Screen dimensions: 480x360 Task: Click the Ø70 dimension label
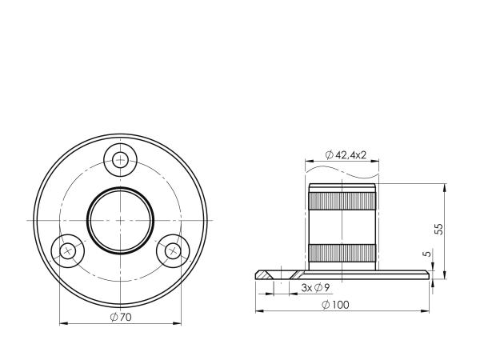pyautogui.click(x=121, y=317)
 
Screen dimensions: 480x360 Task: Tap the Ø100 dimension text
pyautogui.click(x=335, y=305)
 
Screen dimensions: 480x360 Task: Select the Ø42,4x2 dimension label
pyautogui.click(x=346, y=155)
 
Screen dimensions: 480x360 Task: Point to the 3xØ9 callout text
pyautogui.click(x=315, y=288)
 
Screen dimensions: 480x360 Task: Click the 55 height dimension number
pyautogui.click(x=438, y=229)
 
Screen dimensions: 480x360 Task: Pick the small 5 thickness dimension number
pyautogui.click(x=427, y=254)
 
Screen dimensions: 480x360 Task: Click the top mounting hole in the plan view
pyautogui.click(x=120, y=160)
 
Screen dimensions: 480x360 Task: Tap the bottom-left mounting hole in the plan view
pyautogui.click(x=68, y=251)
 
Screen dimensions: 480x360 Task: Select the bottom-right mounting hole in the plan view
pyautogui.click(x=173, y=251)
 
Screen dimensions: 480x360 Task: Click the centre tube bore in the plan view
pyautogui.click(x=120, y=221)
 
